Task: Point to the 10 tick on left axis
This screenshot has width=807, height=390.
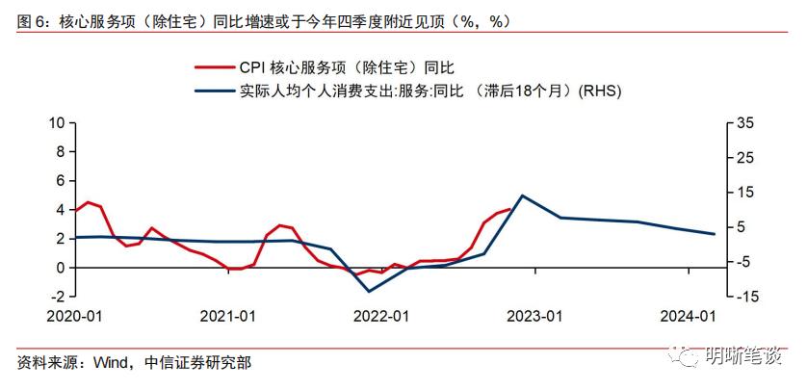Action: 57,122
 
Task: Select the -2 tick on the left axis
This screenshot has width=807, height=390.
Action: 57,296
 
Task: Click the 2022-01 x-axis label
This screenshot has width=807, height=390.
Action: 382,315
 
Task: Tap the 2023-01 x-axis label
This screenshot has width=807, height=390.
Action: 536,315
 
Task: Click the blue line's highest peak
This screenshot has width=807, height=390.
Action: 522,195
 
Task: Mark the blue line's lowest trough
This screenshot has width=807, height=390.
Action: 368,291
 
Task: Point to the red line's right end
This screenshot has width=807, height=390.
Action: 509,208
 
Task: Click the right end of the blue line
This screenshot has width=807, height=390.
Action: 715,234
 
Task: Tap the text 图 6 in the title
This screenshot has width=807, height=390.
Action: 34,20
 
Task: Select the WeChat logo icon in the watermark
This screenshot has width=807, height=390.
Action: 690,357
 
